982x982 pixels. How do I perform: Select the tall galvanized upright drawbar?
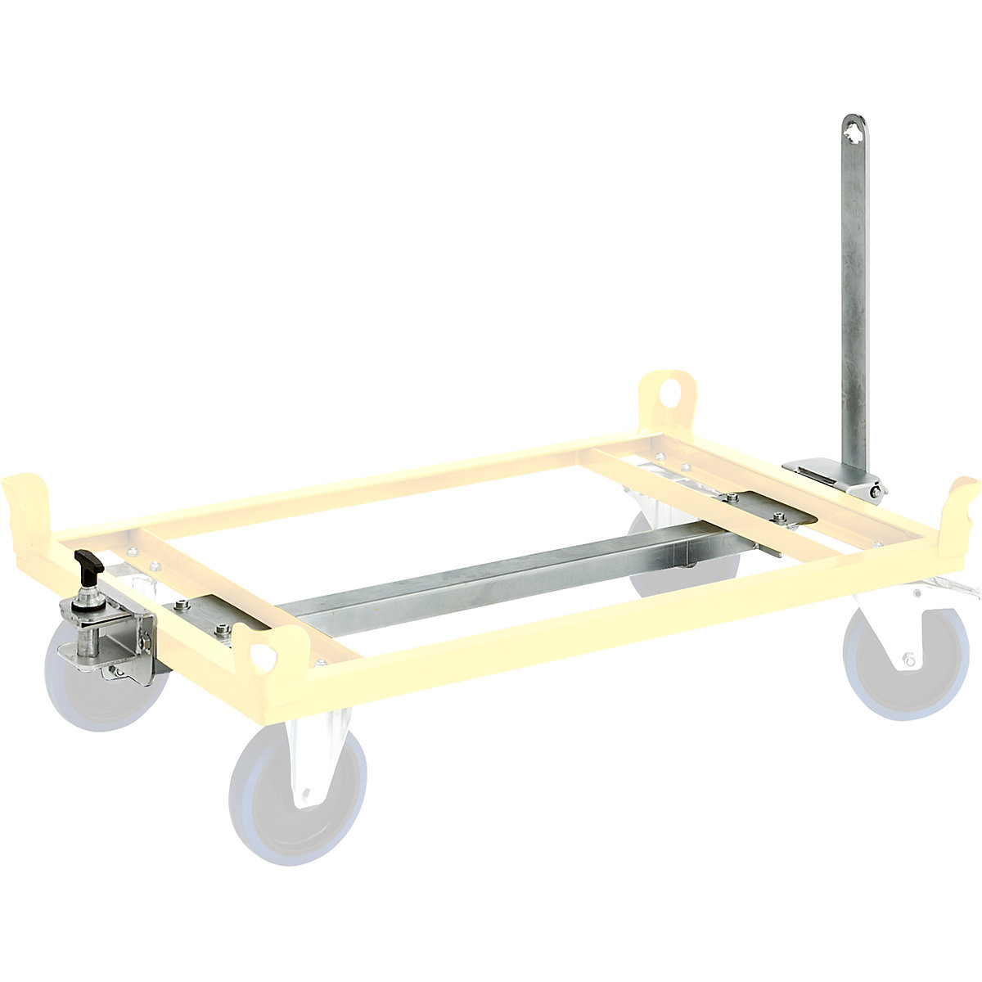click(x=854, y=311)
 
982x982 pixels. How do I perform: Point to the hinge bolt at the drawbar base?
click(x=877, y=491)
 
